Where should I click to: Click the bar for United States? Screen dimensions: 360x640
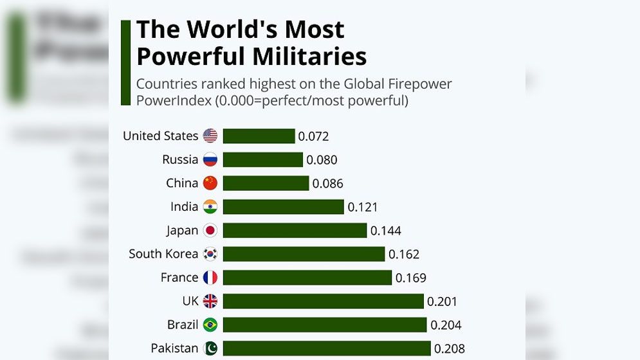click(x=259, y=136)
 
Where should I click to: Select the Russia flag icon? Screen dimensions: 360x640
click(x=210, y=159)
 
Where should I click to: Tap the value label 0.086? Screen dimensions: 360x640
click(x=328, y=183)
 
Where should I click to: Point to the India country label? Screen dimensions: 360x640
click(x=184, y=206)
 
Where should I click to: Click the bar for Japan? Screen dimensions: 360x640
click(x=295, y=230)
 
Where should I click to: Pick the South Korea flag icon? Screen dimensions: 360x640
click(x=210, y=254)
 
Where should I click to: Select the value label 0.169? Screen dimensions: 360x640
click(x=411, y=278)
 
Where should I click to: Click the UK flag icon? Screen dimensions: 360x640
click(x=210, y=301)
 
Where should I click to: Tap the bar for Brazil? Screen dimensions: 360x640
click(x=325, y=325)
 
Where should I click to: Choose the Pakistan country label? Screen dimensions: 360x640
click(x=174, y=348)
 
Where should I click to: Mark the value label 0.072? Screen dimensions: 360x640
click(x=314, y=136)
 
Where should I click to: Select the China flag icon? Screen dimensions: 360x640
click(x=210, y=183)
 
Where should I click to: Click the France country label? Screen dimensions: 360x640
click(x=179, y=277)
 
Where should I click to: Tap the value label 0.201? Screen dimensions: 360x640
click(x=443, y=301)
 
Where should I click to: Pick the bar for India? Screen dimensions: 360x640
click(x=283, y=206)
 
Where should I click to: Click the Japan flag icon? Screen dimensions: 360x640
click(x=210, y=230)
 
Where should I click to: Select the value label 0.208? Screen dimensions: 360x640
click(x=450, y=348)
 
